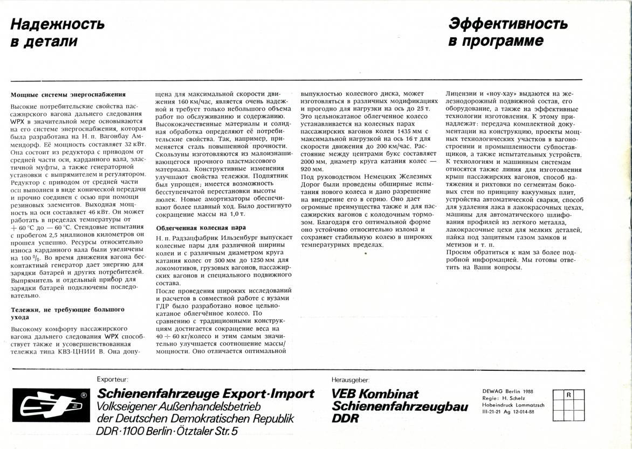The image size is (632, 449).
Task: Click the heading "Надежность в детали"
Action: tap(57, 32)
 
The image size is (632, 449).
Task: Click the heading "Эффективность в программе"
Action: tap(507, 32)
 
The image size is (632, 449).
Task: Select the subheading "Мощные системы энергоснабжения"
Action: tap(68, 94)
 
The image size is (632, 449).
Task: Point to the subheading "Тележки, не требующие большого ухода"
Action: tap(67, 313)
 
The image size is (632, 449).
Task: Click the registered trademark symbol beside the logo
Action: tap(84, 395)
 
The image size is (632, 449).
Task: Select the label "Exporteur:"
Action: tap(112, 379)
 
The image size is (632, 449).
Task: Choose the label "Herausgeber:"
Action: tap(350, 379)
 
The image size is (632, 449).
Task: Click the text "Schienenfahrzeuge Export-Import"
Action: tap(205, 393)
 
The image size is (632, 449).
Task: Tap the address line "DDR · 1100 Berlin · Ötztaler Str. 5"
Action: tap(167, 431)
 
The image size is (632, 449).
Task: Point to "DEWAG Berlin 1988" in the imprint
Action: tap(507, 391)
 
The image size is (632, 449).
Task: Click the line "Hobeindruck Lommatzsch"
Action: tap(513, 404)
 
